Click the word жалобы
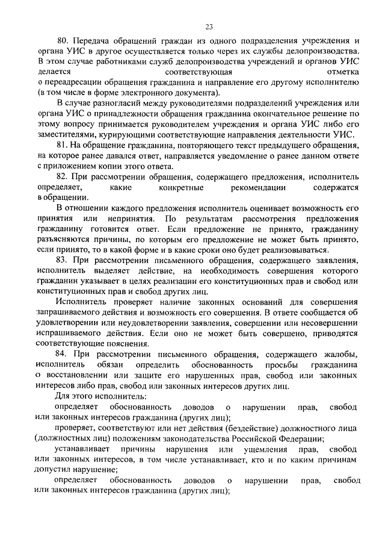341,352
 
